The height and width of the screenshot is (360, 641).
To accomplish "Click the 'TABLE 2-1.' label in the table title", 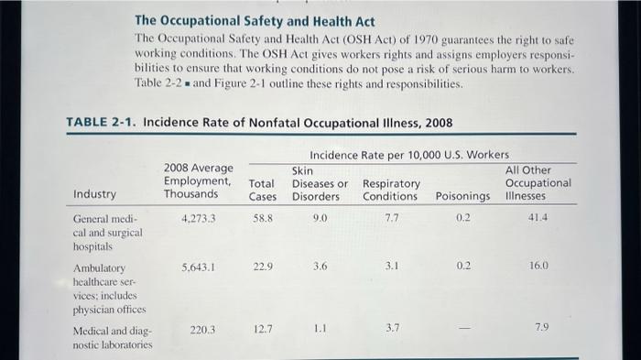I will [x=103, y=123].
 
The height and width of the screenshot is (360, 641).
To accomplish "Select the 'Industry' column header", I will [x=94, y=194].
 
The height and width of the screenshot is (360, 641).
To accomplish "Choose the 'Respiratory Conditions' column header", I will [x=391, y=190].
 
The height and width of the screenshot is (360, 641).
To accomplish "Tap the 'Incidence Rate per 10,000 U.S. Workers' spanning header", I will [x=409, y=155].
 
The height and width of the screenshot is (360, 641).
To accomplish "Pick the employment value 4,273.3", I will [x=199, y=219].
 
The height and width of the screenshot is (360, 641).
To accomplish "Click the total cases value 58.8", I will [x=263, y=219].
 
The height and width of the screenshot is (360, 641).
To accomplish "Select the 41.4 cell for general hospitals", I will [x=538, y=219].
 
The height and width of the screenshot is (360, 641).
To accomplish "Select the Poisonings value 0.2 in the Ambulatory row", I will [x=463, y=267].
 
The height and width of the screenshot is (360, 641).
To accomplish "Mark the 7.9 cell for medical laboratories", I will [x=542, y=328].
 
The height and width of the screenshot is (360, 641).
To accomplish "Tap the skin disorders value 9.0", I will [x=320, y=219].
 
